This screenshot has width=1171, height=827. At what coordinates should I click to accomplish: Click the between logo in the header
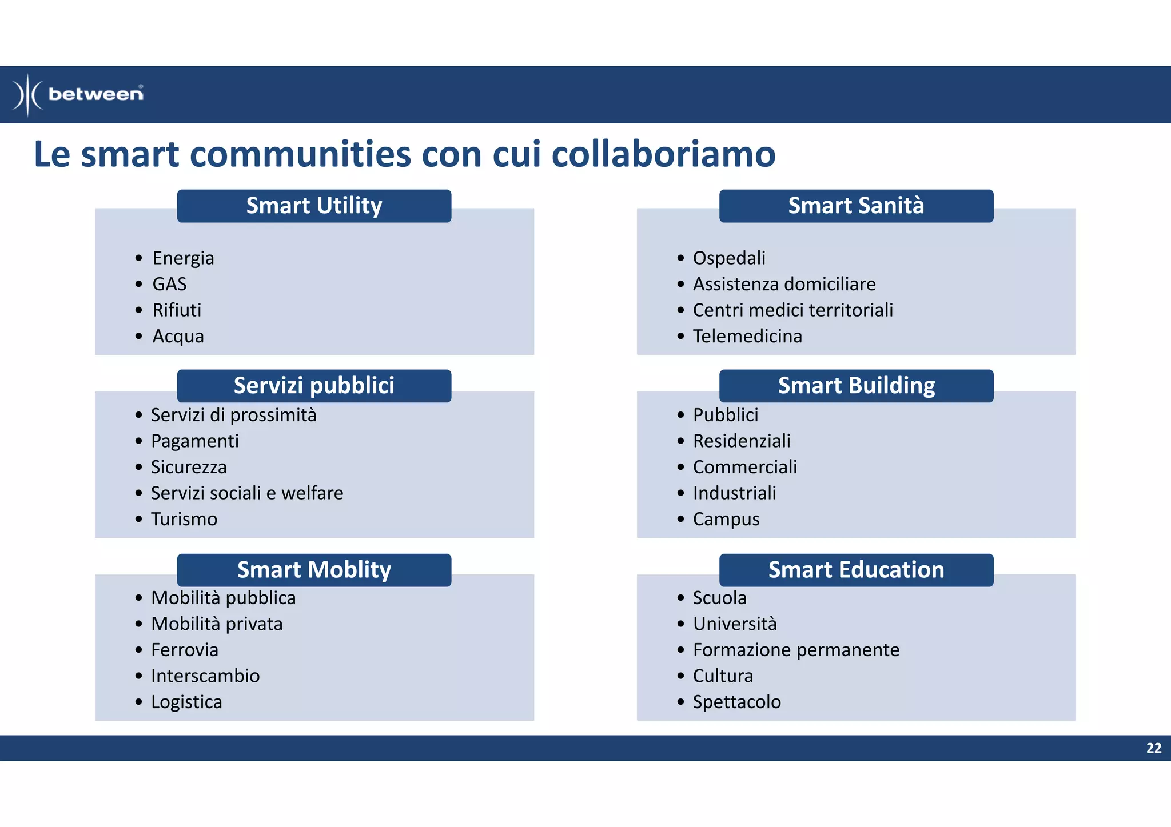pyautogui.click(x=78, y=94)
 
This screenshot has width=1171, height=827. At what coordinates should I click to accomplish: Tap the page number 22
pyautogui.click(x=1153, y=748)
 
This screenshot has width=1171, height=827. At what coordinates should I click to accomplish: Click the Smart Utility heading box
pyautogui.click(x=314, y=206)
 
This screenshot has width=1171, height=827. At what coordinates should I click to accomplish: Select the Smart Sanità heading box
pyautogui.click(x=856, y=206)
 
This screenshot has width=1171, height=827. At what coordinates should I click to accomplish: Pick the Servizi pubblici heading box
pyautogui.click(x=314, y=386)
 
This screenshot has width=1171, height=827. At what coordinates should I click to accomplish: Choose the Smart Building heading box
pyautogui.click(x=856, y=386)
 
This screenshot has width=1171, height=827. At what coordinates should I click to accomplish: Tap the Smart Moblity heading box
pyautogui.click(x=314, y=570)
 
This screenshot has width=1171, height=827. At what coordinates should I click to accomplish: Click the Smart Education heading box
pyautogui.click(x=856, y=570)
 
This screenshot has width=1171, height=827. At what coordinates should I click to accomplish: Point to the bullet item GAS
pyautogui.click(x=169, y=284)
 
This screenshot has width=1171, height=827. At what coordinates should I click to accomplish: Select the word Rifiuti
pyautogui.click(x=177, y=310)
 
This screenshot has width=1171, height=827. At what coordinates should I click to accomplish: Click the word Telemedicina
pyautogui.click(x=747, y=336)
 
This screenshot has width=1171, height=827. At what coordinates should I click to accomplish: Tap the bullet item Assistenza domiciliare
pyautogui.click(x=784, y=284)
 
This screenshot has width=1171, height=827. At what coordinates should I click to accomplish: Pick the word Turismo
pyautogui.click(x=184, y=519)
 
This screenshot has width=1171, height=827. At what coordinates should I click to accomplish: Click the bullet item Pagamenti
pyautogui.click(x=195, y=441)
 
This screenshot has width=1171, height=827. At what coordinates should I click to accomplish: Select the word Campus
pyautogui.click(x=726, y=519)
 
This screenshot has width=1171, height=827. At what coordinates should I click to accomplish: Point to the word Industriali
pyautogui.click(x=734, y=493)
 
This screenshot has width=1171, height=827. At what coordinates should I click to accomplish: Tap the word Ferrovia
pyautogui.click(x=185, y=650)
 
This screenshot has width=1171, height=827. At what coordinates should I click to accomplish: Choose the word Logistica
pyautogui.click(x=186, y=702)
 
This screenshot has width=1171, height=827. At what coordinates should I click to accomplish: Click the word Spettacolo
pyautogui.click(x=736, y=702)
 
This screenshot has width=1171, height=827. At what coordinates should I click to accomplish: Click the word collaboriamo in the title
pyautogui.click(x=663, y=154)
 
